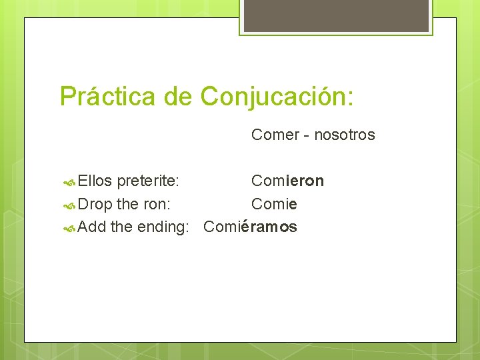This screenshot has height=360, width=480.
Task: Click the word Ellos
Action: point(95,181)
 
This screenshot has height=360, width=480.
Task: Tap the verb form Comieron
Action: point(287,181)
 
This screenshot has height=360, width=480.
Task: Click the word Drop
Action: point(95,203)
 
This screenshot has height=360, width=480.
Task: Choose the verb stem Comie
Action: point(274,203)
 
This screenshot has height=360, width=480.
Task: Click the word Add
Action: point(92,227)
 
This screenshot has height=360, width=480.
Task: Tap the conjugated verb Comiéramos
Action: point(250,227)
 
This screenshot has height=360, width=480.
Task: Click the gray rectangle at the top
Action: point(336,15)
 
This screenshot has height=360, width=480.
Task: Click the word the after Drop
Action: point(127,203)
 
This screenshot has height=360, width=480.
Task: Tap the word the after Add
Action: point(121,227)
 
